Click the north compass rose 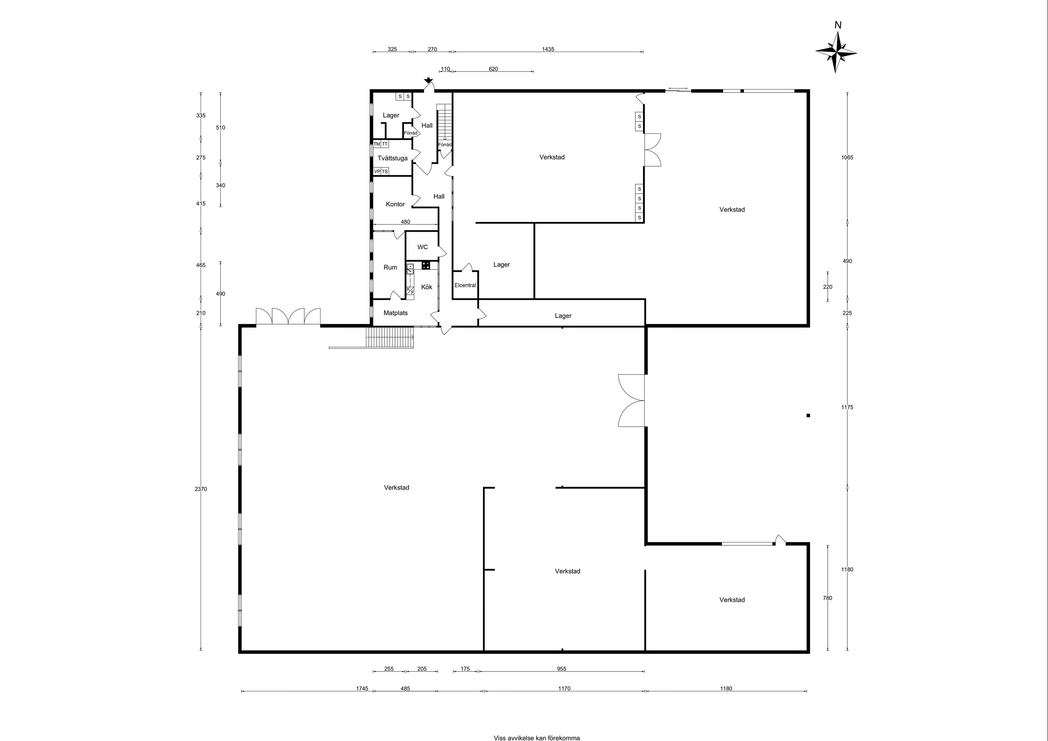[x=836, y=52]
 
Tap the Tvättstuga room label [x=393, y=158]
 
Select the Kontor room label [x=395, y=204]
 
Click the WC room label [x=422, y=247]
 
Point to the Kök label [x=427, y=287]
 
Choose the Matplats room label [x=396, y=313]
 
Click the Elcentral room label [x=465, y=285]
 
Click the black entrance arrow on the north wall [x=428, y=81]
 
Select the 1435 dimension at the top [x=548, y=49]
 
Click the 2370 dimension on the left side [x=201, y=489]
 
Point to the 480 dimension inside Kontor [x=405, y=222]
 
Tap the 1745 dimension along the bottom [x=362, y=689]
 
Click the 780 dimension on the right [x=827, y=598]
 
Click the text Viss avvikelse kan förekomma [x=537, y=738]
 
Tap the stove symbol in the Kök [x=426, y=265]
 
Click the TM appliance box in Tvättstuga [x=377, y=144]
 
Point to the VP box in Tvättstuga [x=377, y=171]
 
